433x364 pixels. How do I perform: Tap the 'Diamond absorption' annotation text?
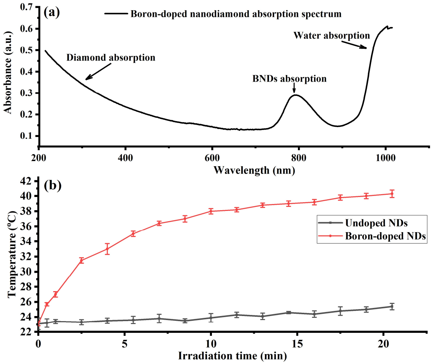click(111, 57)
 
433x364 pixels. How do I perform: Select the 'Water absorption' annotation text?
click(332, 36)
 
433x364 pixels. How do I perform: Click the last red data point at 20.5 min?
click(392, 194)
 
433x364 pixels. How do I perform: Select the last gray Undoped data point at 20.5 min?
click(392, 307)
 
